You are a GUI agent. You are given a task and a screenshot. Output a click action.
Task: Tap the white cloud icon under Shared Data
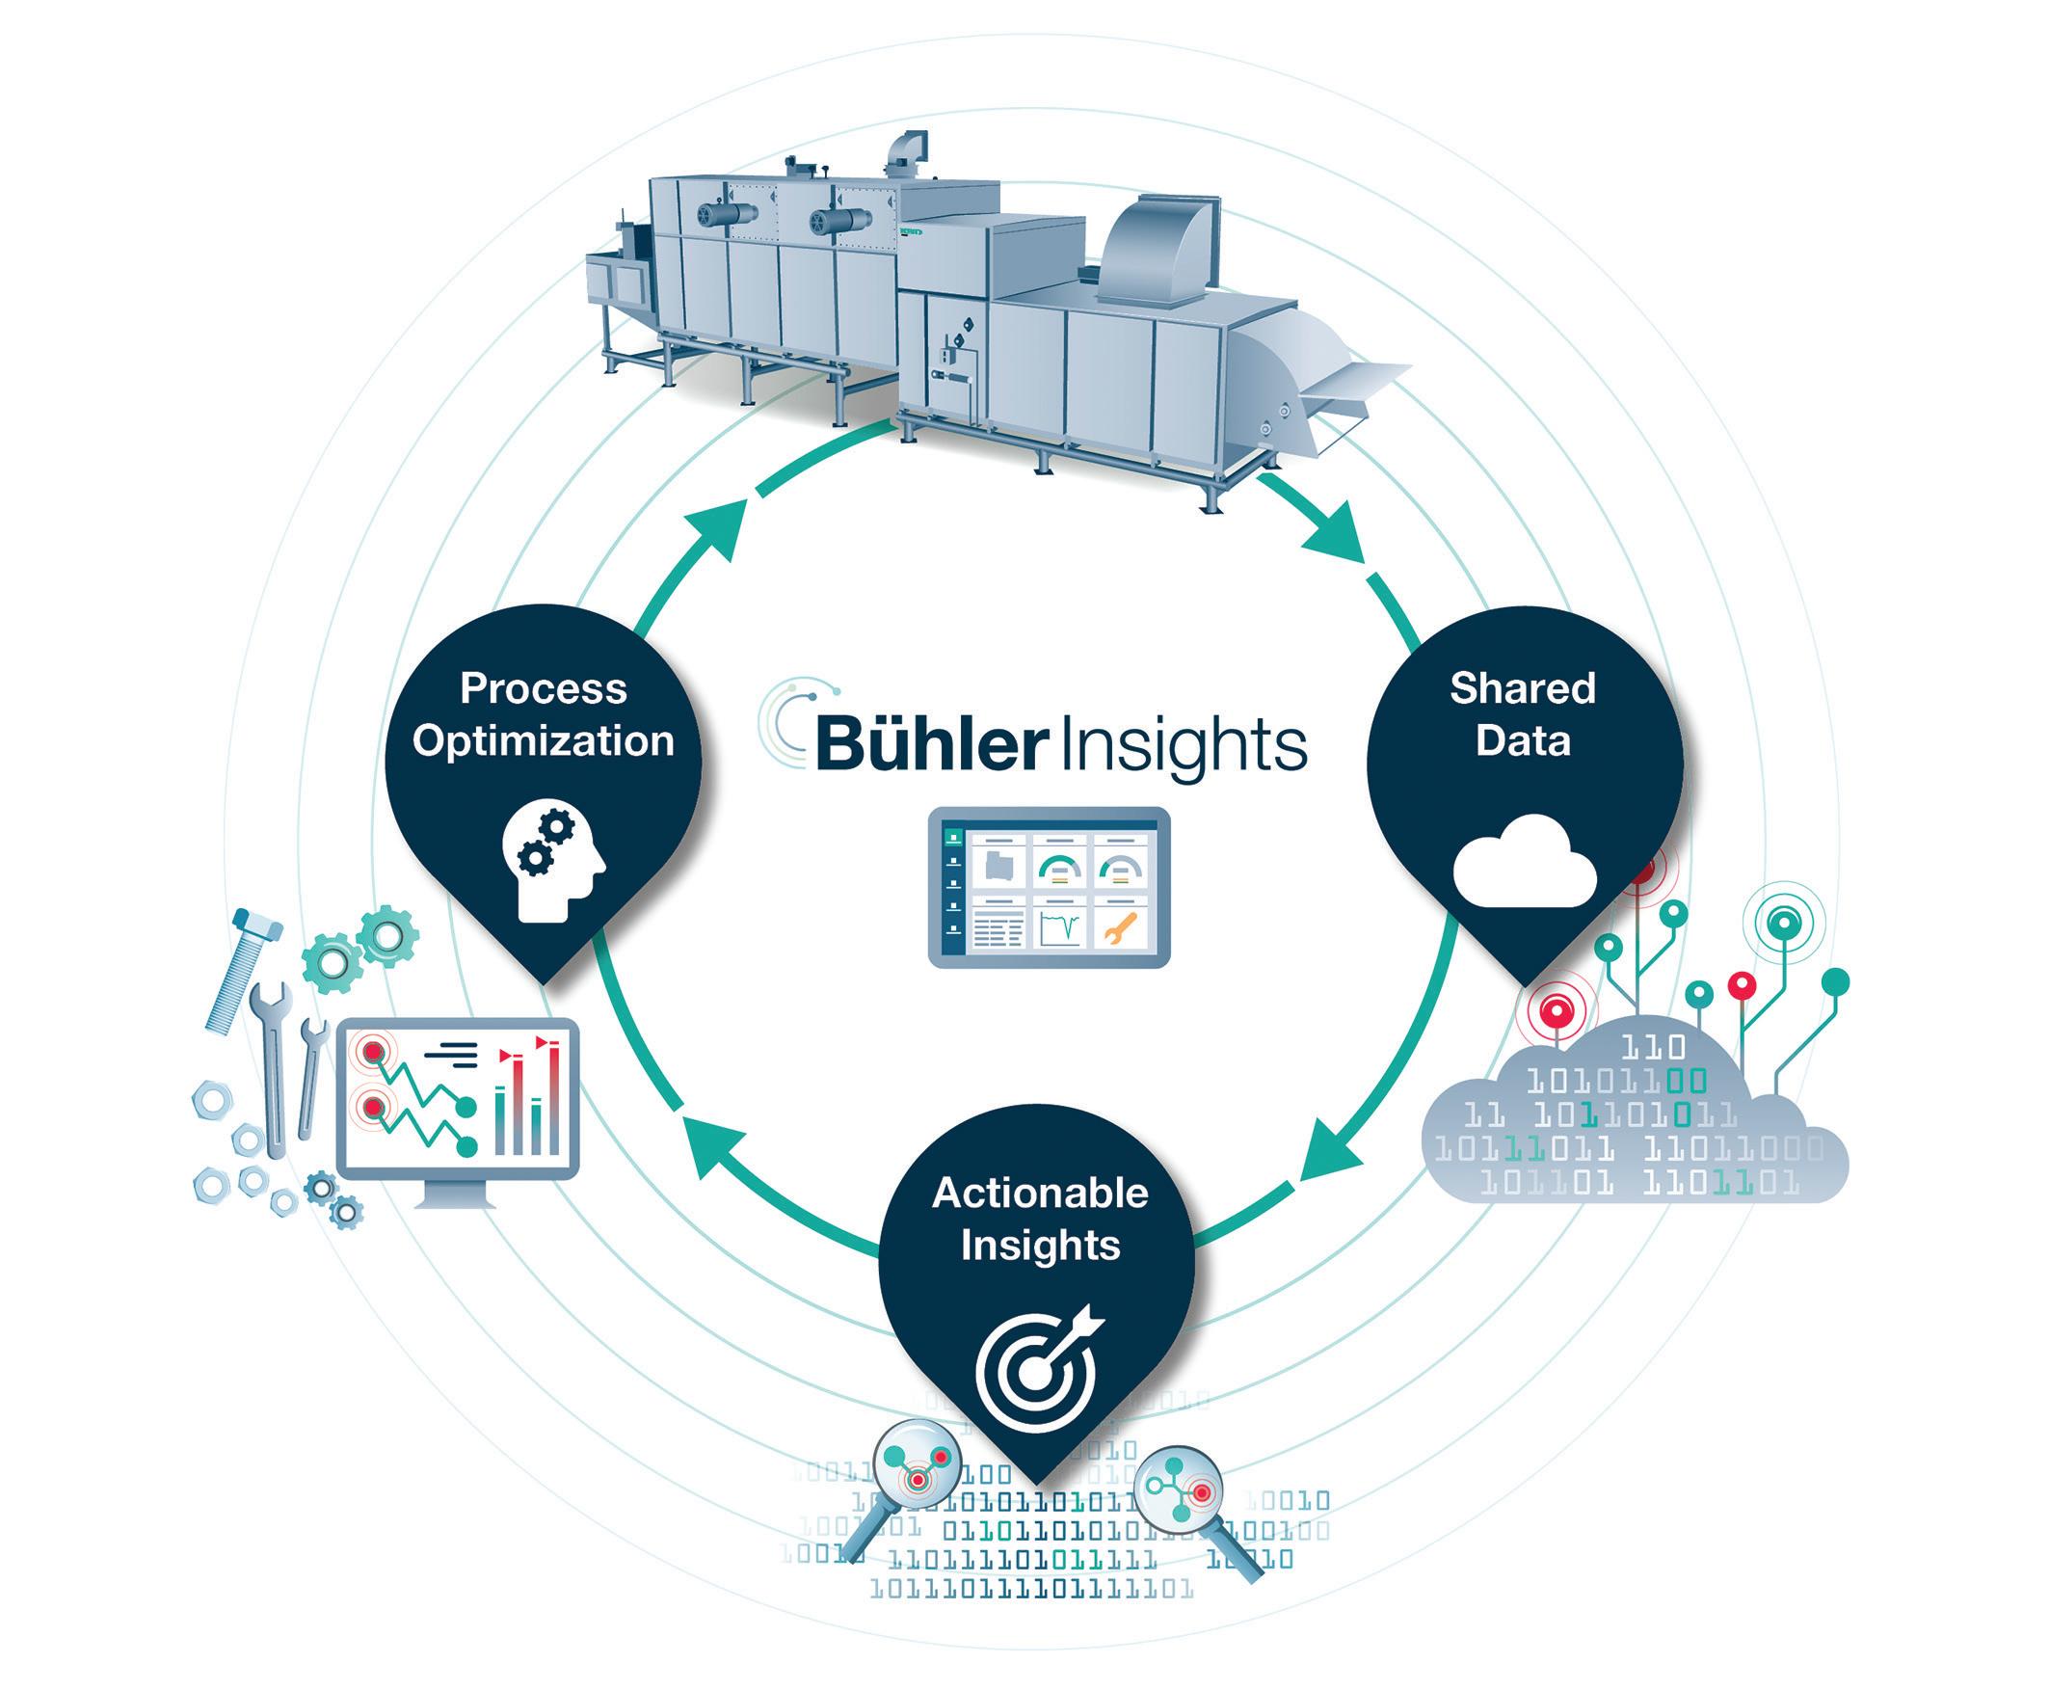click(1525, 861)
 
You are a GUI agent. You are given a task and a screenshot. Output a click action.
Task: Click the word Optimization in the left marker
click(544, 740)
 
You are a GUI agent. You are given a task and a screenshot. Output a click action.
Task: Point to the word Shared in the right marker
click(1523, 688)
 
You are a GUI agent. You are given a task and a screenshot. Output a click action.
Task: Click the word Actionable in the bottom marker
click(1040, 1193)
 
